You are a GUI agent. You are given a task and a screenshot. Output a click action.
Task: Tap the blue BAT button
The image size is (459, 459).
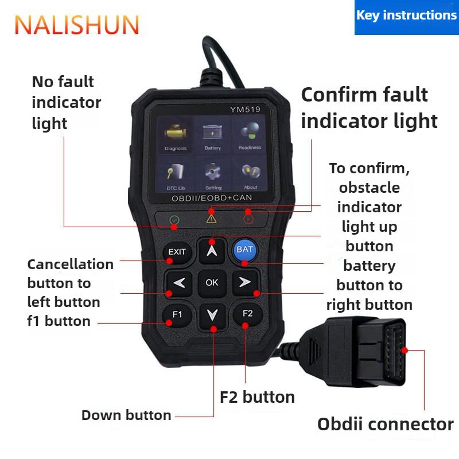click(245, 250)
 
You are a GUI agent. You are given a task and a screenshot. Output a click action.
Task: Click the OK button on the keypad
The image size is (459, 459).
click(212, 283)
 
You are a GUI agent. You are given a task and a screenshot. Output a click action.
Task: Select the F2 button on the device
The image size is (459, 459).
click(248, 314)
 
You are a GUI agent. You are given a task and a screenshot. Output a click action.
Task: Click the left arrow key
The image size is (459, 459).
click(179, 283)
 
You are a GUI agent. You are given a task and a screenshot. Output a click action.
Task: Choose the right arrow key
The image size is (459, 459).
click(246, 282)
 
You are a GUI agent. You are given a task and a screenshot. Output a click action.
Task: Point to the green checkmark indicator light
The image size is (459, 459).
click(174, 220)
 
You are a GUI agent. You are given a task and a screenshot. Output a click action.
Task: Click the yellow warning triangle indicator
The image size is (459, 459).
click(211, 219)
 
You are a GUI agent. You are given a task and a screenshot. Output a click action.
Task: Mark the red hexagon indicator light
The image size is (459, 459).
click(248, 219)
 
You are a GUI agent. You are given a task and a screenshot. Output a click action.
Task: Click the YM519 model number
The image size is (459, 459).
click(245, 110)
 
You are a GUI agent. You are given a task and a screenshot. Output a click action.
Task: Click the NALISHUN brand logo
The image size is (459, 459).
click(77, 25)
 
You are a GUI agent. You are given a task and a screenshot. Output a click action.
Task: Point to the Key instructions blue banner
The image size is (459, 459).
click(407, 17)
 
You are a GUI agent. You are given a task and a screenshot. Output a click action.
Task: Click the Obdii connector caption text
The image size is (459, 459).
click(386, 424)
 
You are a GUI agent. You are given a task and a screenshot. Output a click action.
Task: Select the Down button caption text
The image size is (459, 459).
click(126, 415)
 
